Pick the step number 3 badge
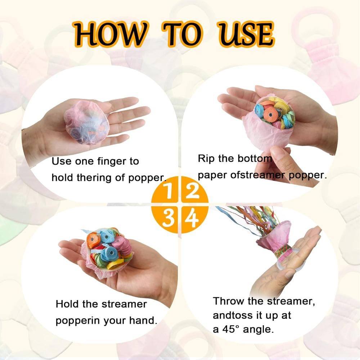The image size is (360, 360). (x=167, y=218)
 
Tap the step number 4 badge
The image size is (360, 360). (x=193, y=218)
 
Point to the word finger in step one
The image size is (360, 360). (x=107, y=161)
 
